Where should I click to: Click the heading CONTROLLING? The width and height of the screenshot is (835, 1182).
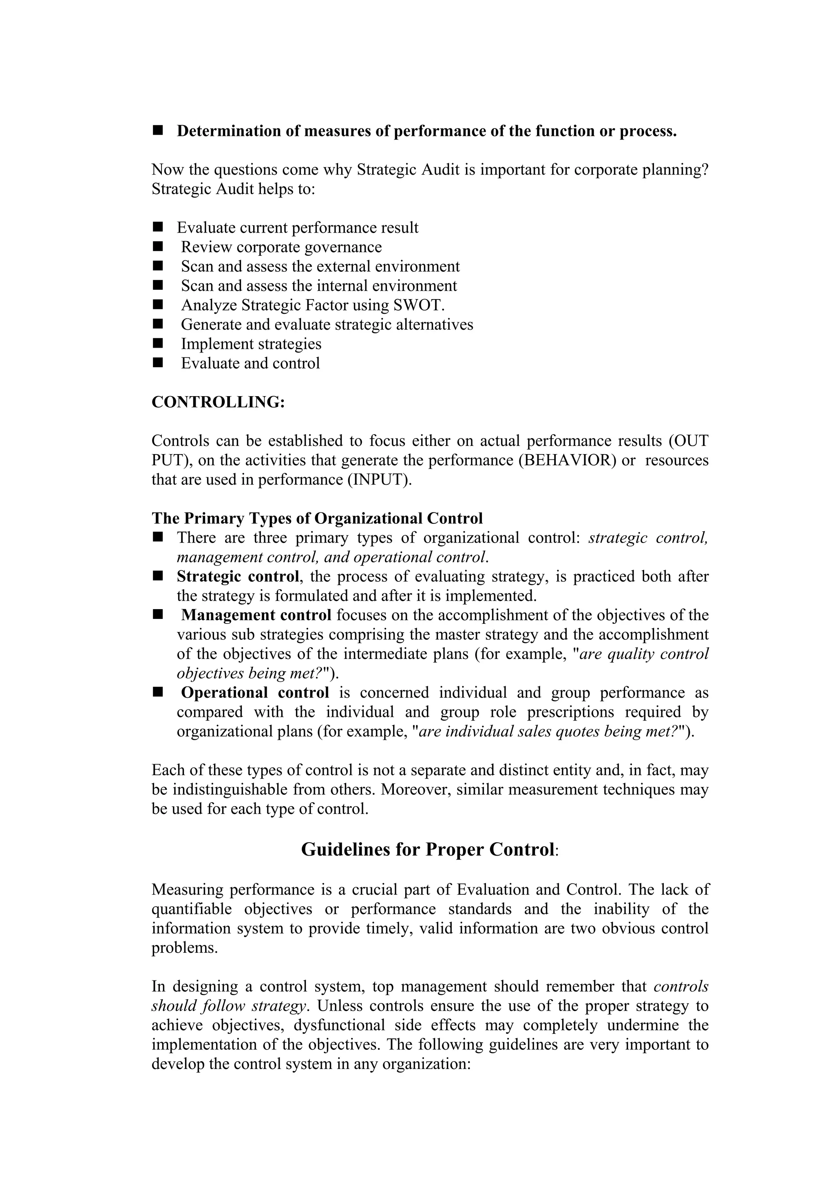point(218,402)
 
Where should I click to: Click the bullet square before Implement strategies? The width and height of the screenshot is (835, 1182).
point(157,344)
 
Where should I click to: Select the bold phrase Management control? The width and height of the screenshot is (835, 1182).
point(256,615)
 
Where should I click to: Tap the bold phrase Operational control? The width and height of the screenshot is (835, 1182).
point(255,693)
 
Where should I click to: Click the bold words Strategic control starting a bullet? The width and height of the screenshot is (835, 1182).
point(238,577)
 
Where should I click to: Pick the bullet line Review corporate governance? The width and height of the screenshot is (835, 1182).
point(281,247)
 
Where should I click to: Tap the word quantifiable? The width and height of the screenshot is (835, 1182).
point(191,909)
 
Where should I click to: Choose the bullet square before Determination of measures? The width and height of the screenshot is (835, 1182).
point(157,131)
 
